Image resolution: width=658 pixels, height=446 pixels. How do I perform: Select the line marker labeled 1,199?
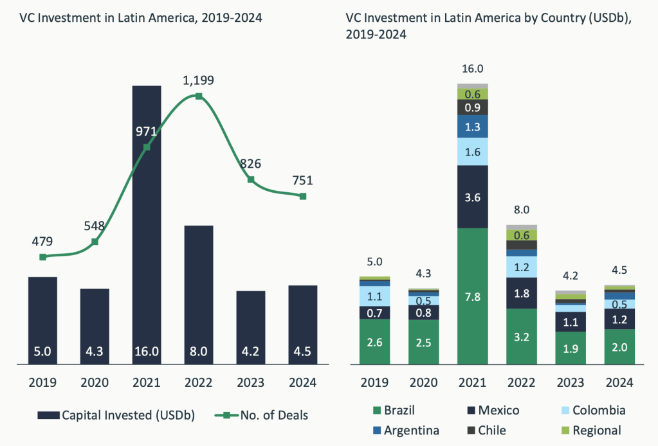(199, 96)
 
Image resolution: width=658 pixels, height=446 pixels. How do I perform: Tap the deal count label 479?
(42, 242)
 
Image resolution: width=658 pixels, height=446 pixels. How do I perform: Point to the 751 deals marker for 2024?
(303, 196)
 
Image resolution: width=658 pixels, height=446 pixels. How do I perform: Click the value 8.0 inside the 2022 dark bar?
(199, 352)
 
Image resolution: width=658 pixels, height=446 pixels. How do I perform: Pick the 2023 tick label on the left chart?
(251, 382)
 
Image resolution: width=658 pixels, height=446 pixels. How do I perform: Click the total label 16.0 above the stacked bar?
(473, 69)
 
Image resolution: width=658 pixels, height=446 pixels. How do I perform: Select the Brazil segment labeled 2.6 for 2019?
(375, 342)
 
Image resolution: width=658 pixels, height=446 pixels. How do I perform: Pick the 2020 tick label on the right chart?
(424, 382)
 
